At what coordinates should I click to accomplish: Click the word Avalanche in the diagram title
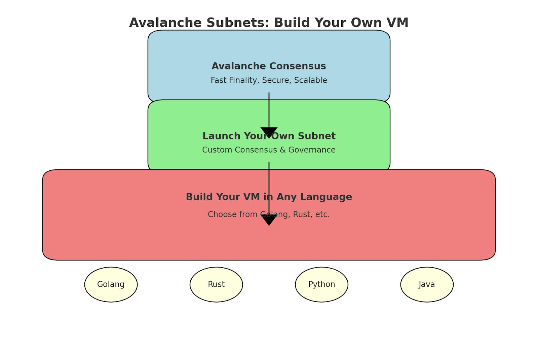pos(165,23)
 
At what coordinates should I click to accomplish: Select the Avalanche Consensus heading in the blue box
pos(269,66)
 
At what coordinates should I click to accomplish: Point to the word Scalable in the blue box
pos(311,80)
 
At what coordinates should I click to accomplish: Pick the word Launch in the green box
pos(222,136)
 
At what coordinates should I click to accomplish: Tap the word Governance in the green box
pos(312,150)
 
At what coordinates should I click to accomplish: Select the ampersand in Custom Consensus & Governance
pos(282,150)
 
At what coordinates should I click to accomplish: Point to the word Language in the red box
pos(326,197)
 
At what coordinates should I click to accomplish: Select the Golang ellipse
pos(111,284)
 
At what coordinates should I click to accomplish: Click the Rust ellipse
pos(216,284)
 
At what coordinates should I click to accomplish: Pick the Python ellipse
pos(321,284)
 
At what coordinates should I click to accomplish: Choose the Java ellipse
pos(427,284)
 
